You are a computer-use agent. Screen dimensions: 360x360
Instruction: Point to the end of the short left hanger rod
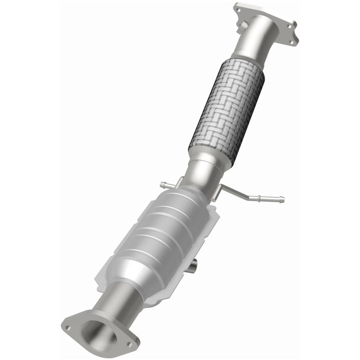click(x=162, y=184)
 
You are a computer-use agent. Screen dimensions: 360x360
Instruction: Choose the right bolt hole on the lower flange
click(x=130, y=344)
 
